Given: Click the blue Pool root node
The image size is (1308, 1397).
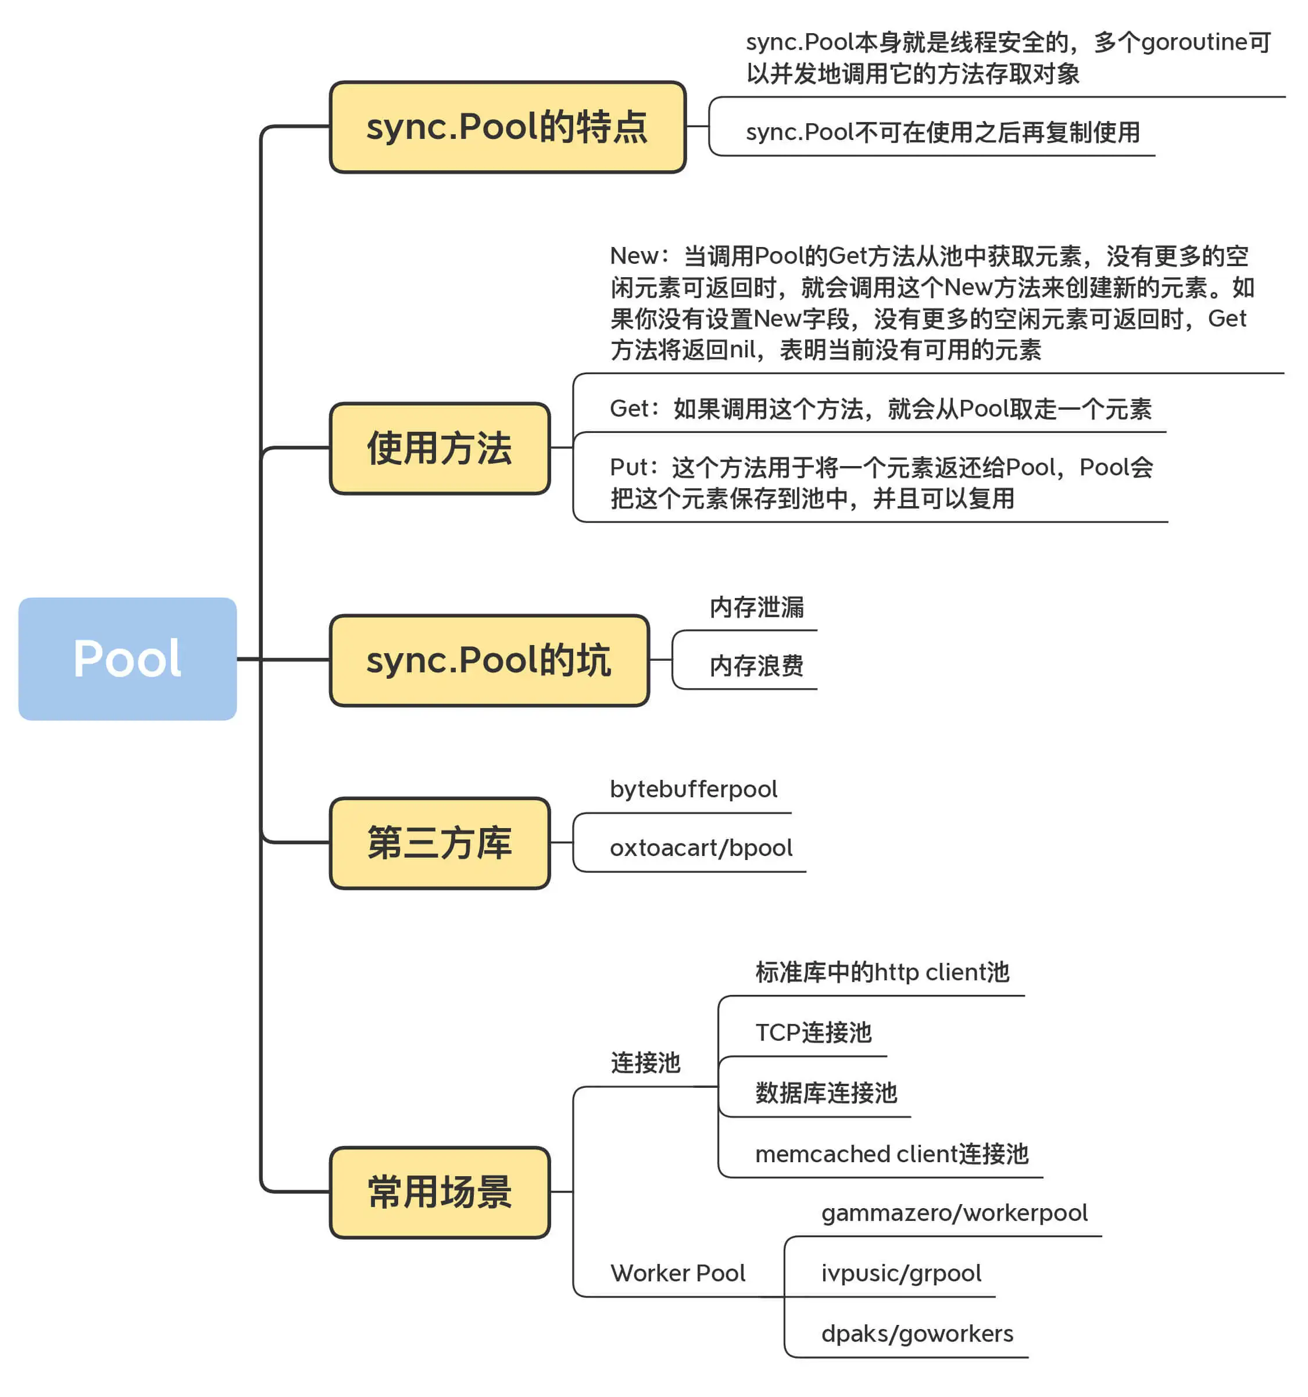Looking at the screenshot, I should coord(127,658).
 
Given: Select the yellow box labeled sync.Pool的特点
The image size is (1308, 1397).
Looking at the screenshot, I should coord(507,127).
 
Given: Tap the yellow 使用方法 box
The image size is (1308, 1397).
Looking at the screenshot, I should coord(439,449).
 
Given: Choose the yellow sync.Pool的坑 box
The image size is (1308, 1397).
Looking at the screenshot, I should coord(488,660).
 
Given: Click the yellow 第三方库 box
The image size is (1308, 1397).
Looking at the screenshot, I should coord(439,843).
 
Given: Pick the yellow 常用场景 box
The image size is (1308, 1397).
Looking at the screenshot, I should coord(439,1192).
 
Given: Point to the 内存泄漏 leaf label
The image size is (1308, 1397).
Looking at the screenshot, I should coord(756,607).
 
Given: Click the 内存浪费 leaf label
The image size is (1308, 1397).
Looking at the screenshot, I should coord(756,665).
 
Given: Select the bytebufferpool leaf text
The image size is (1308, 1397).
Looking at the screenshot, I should coord(693,789).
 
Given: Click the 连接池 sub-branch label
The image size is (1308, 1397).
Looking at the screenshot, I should coord(645,1062).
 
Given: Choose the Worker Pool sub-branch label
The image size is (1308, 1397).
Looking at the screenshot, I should coord(678,1273).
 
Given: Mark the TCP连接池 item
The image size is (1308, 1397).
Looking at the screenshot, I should coord(813,1032).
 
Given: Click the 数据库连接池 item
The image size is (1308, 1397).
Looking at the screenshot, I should coord(826,1092).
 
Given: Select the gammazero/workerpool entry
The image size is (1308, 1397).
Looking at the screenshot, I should coord(954,1213).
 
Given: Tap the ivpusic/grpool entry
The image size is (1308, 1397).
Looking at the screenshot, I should coord(901,1273).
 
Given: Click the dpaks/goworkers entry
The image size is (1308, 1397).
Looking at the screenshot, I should coord(917,1334).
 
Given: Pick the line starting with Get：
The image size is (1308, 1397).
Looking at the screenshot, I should coord(880,409).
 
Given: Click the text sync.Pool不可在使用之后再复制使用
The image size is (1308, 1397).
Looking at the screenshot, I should coord(942,132).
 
